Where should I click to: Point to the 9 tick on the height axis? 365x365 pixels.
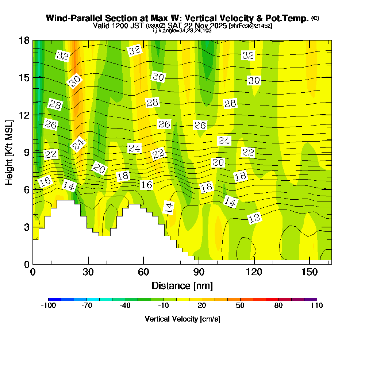click(x=26, y=152)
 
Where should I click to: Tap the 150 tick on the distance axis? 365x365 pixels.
click(x=310, y=272)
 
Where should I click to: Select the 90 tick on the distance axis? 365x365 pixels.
click(x=199, y=272)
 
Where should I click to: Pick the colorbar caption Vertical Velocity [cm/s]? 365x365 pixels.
click(x=182, y=319)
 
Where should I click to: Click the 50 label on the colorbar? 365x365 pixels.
click(x=240, y=306)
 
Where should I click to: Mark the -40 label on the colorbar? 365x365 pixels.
click(x=125, y=306)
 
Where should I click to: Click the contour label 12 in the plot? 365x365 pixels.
click(x=254, y=218)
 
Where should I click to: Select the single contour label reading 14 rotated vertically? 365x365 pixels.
click(x=169, y=207)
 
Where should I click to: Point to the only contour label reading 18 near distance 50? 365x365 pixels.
click(x=123, y=176)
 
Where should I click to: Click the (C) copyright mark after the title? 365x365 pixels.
click(x=315, y=18)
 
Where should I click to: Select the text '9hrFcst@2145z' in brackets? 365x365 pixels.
click(x=250, y=26)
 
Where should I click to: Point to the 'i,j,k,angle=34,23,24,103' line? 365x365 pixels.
click(x=182, y=30)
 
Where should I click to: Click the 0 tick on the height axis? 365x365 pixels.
click(x=26, y=264)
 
